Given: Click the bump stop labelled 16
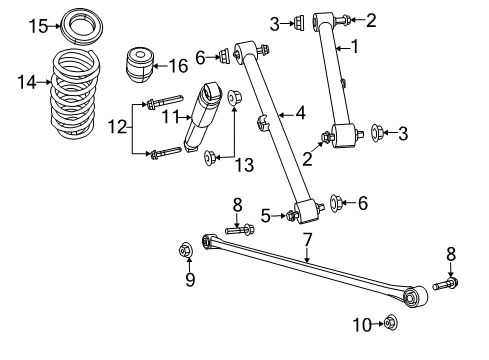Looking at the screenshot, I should [x=141, y=68].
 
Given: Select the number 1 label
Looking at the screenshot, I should [x=353, y=46].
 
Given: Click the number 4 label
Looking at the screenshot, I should [x=301, y=115].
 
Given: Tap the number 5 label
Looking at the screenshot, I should [x=265, y=213].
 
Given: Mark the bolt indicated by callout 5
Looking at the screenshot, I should [x=291, y=213].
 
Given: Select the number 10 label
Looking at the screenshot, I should [x=362, y=322].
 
